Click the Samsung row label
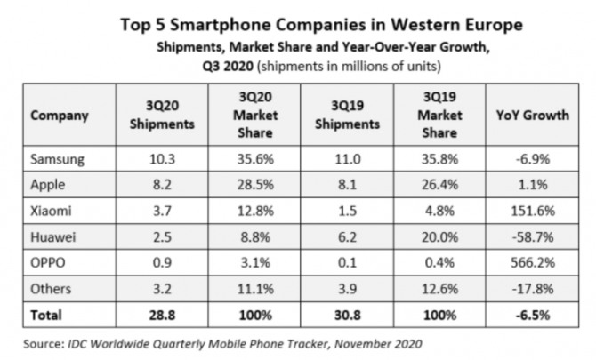tap(59, 160)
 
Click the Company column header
tap(60, 116)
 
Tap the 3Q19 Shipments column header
tap(349, 116)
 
